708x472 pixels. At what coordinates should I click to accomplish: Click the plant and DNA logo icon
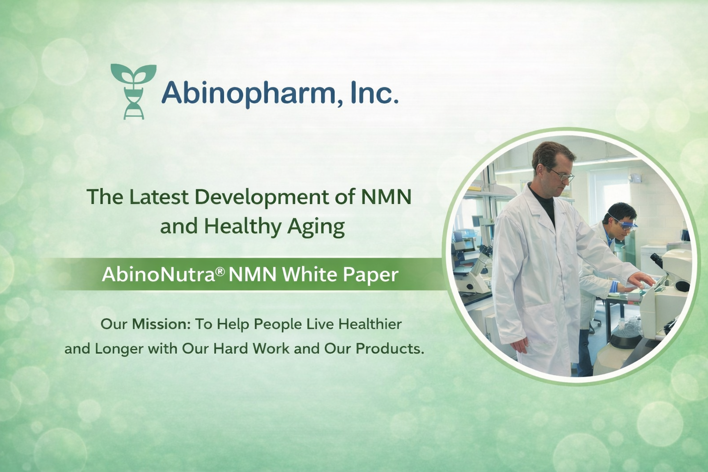(x=134, y=91)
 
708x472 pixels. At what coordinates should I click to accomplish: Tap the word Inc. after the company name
(x=374, y=92)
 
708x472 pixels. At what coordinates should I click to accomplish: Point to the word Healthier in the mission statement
(x=370, y=324)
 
